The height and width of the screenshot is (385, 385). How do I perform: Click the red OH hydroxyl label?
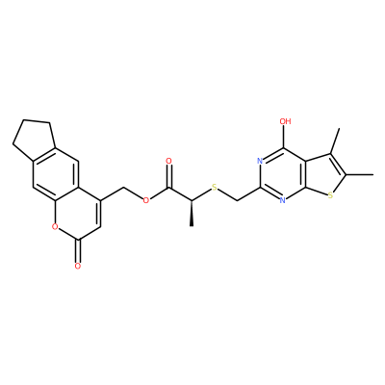(x=285, y=121)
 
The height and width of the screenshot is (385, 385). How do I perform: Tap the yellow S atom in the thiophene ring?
(x=331, y=194)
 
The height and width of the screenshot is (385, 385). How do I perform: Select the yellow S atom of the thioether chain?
(x=215, y=188)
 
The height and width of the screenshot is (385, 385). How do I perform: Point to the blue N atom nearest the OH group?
(x=260, y=161)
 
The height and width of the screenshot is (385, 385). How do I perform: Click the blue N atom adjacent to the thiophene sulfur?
(x=283, y=200)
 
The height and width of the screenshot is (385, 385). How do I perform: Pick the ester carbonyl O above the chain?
(x=169, y=161)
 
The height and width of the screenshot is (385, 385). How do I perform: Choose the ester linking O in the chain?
(x=146, y=201)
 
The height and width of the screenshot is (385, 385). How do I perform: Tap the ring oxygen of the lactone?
(x=55, y=227)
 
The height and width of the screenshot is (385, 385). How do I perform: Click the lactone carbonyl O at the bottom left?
(x=77, y=267)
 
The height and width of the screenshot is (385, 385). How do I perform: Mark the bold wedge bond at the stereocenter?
(x=192, y=214)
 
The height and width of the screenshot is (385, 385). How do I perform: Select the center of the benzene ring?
(x=55, y=174)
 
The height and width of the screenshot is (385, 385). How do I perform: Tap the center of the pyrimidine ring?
(x=283, y=174)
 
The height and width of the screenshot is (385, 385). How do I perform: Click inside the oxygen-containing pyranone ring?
(x=78, y=214)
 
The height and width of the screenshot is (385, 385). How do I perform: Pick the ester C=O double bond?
(x=169, y=176)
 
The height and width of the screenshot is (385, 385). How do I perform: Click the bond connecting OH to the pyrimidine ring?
(x=284, y=137)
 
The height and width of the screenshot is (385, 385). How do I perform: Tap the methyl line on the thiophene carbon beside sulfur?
(x=360, y=174)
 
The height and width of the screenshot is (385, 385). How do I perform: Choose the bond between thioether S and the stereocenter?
(x=201, y=194)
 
